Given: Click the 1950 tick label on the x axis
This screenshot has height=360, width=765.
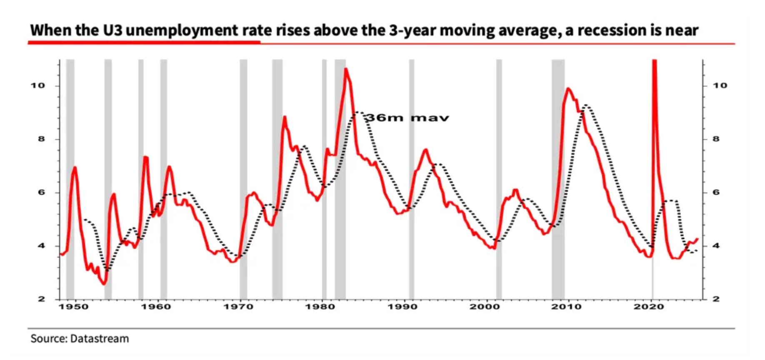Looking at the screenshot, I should click(74, 307).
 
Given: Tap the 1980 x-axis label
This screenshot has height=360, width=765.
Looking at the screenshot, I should click(320, 307).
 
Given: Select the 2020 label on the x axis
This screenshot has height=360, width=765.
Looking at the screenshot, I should click(648, 307).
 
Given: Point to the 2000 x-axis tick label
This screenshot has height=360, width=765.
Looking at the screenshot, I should click(485, 307).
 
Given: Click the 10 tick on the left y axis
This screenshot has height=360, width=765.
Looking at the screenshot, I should click(37, 85).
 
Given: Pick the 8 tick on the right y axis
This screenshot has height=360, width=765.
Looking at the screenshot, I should click(715, 139).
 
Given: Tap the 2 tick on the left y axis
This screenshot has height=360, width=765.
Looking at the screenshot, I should click(41, 299).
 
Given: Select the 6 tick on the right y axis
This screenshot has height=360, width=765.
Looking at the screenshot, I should click(715, 192).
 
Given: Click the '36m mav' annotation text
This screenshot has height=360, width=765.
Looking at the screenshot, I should click(407, 118).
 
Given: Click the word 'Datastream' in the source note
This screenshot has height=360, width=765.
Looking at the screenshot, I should click(99, 339).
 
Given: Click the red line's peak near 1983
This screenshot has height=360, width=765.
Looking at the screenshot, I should click(346, 69).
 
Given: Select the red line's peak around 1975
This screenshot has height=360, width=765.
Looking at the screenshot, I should click(285, 117).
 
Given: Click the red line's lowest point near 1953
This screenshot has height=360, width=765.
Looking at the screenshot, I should click(104, 284).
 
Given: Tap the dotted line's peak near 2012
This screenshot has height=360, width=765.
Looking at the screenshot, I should click(587, 105).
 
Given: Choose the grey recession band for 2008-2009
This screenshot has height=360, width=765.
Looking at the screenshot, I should click(558, 179).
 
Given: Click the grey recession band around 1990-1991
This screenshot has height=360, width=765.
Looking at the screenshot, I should click(412, 179).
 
